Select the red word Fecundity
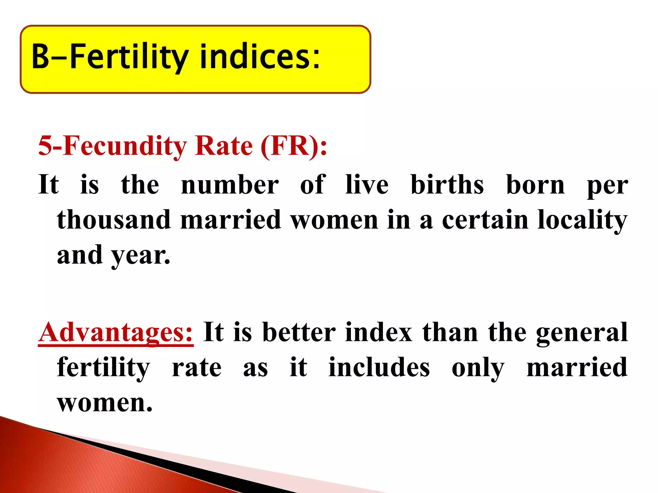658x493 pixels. point(125,146)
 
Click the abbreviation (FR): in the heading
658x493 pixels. point(294,146)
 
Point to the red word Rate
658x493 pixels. point(224,146)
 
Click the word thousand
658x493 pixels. point(114,220)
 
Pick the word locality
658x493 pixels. point(582,220)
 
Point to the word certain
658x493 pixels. point(485,220)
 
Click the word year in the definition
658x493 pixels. point(140,255)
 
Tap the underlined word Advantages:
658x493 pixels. point(116,332)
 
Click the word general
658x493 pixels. point(582,332)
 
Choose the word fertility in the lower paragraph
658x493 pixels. point(103,368)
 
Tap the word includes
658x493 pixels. point(379,368)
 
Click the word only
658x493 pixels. point(478,368)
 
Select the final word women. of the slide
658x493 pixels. point(104,403)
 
